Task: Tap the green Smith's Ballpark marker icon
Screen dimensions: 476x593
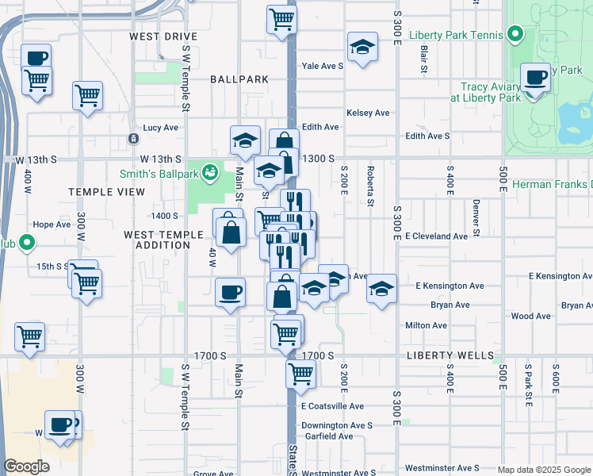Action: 210,171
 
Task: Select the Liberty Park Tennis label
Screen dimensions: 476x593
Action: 456,35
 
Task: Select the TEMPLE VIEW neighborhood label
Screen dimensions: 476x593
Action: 106,192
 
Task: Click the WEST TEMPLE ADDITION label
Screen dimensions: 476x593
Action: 158,240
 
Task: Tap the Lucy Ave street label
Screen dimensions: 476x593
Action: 160,128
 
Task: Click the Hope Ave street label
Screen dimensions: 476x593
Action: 52,225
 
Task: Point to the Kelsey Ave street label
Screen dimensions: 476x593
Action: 368,113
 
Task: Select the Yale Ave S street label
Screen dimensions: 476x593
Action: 322,66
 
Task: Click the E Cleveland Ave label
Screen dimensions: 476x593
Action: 437,236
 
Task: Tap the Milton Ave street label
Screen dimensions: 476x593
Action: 426,325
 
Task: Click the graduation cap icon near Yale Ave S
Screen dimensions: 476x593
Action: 362,47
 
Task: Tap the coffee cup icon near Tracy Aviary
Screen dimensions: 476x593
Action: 536,79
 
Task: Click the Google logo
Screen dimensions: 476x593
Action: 27,466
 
